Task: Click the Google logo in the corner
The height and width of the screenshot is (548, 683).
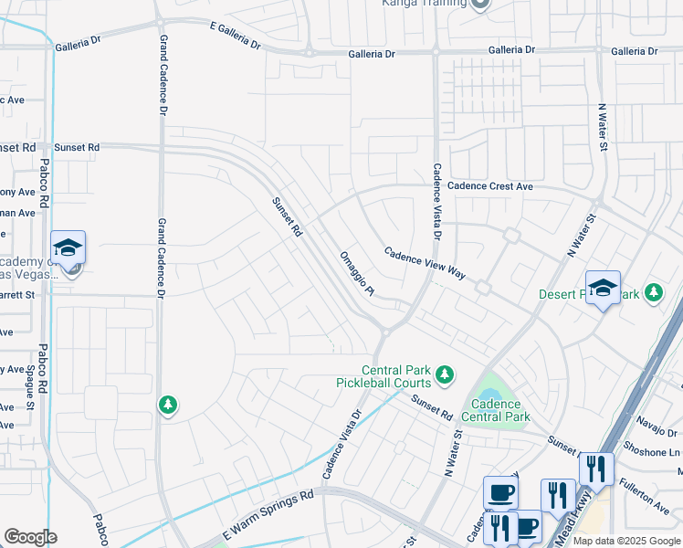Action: (30, 537)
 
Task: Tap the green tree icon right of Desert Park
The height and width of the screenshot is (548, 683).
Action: (653, 292)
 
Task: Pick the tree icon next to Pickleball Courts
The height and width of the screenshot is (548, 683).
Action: (444, 374)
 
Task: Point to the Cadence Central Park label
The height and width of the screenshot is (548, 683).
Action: (497, 410)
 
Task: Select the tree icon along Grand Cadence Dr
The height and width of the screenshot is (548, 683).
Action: (167, 404)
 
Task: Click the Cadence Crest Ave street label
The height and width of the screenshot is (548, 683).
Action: (489, 186)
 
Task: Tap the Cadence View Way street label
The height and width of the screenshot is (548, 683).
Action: (425, 263)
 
